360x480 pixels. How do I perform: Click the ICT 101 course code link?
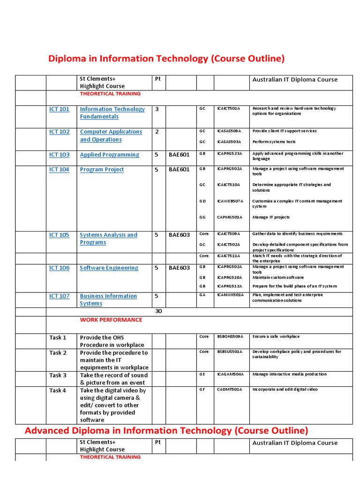(59, 109)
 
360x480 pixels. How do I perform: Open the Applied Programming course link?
(109, 155)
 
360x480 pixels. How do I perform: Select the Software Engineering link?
(109, 268)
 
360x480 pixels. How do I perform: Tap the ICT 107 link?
(59, 296)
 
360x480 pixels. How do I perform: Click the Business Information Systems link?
(108, 300)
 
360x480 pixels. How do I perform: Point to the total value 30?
(158, 311)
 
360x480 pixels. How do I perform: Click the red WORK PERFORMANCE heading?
(111, 320)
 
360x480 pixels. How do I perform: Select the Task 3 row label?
(58, 375)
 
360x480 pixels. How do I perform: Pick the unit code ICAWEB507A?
(230, 201)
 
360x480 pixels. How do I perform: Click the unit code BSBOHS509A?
(230, 337)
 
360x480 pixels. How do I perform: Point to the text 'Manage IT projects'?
(271, 217)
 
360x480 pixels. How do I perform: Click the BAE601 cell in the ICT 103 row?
(179, 155)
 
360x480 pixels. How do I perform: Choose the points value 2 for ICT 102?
(157, 132)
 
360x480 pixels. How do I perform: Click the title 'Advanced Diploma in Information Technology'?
(166, 430)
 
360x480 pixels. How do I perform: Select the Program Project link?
(102, 170)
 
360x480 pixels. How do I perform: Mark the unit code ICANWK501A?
(230, 295)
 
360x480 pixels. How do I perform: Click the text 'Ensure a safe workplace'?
(276, 337)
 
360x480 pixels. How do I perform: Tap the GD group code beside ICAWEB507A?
(202, 201)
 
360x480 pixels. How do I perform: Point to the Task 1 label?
(58, 337)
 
